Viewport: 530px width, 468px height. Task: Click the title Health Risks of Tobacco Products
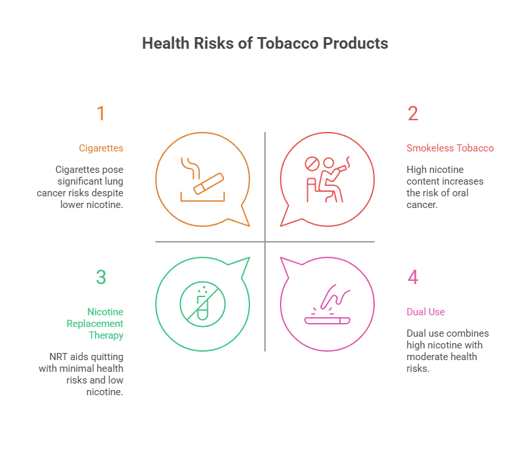click(x=265, y=44)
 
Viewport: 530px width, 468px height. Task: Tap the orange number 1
click(x=101, y=114)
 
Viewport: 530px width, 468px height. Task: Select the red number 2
click(x=412, y=114)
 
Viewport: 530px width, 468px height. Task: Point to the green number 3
click(x=101, y=277)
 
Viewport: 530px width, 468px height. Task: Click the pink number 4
click(x=412, y=277)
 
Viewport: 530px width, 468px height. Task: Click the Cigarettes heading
click(x=101, y=148)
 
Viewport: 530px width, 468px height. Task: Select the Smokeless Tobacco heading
click(x=449, y=148)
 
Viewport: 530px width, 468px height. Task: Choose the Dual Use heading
click(x=425, y=312)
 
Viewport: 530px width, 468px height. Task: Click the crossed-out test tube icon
click(x=203, y=304)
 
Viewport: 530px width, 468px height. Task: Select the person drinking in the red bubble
click(x=334, y=179)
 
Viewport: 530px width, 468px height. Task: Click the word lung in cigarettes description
click(x=113, y=181)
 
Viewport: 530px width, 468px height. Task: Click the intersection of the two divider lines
click(x=265, y=242)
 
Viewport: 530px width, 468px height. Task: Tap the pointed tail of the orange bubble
click(x=246, y=224)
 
